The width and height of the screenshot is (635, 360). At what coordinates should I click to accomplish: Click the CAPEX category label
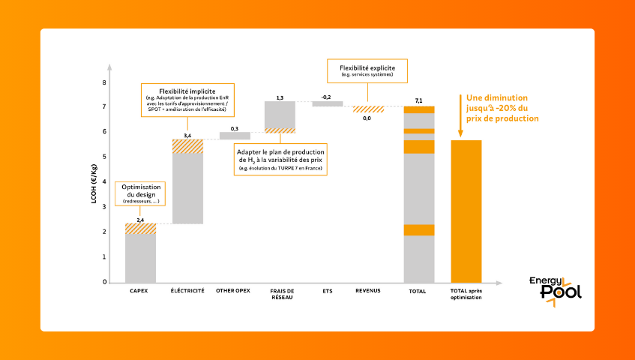point(139,290)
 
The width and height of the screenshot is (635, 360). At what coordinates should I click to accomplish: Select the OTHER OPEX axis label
point(233,290)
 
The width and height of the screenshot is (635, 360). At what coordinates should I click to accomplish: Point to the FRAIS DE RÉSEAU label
point(279,293)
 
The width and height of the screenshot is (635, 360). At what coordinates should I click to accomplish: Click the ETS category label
point(326,290)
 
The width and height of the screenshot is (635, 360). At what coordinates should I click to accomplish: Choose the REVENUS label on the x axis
point(368,290)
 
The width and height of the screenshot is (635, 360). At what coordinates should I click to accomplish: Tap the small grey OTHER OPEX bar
point(235,136)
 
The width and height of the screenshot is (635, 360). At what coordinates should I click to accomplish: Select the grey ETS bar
point(328,103)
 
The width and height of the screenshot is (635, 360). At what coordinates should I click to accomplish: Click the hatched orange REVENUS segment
point(368,109)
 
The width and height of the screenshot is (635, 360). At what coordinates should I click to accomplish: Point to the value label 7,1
point(419,100)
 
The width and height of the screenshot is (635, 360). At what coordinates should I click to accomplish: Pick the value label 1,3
point(280,97)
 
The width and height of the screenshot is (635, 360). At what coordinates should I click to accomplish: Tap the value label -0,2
point(326,97)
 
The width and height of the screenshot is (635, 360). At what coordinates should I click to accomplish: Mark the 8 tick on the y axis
point(104,83)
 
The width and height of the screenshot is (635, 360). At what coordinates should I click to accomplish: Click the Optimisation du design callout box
point(141,193)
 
